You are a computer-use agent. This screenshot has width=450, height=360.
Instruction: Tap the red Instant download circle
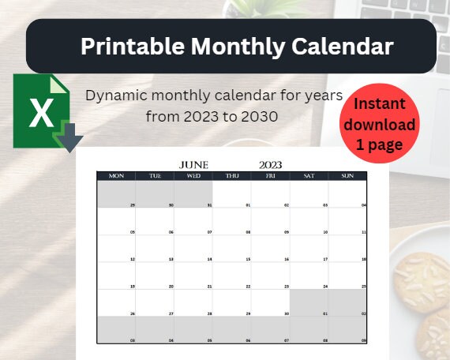pos(379,124)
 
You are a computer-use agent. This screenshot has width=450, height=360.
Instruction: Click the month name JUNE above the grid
pos(194,164)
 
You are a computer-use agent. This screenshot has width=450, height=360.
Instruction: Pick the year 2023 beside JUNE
pos(270,164)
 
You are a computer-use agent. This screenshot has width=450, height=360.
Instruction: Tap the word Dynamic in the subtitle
pos(116,95)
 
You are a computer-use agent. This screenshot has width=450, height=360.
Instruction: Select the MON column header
pos(116,175)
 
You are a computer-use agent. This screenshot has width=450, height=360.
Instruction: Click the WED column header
pos(193,175)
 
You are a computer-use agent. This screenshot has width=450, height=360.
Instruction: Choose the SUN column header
pos(347,175)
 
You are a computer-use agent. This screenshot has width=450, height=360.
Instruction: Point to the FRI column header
pos(271,175)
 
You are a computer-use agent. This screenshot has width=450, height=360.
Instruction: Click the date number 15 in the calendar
pos(248,259)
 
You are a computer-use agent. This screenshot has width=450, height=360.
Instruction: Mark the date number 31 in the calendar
pos(209,204)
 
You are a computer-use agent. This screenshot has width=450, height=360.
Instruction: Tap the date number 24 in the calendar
pos(324,286)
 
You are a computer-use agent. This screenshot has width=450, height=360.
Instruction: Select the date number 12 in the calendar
pos(133,259)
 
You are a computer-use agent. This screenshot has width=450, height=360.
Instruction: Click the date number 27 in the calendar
pos(171,313)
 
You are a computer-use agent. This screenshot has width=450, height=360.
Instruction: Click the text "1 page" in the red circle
pos(379,145)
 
